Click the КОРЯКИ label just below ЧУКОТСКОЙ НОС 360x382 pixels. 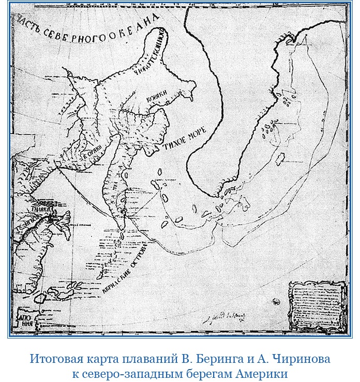[154, 96]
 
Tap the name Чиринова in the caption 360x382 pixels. [294, 359]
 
